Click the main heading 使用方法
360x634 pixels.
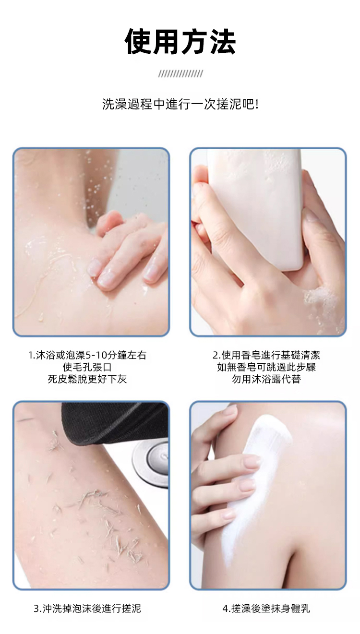(180, 42)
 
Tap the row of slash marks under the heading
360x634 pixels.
(180, 74)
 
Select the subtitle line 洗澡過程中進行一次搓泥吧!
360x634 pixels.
(180, 104)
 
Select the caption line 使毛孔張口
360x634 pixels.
(87, 367)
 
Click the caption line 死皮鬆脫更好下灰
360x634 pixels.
(87, 379)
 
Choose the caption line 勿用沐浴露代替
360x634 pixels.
(266, 379)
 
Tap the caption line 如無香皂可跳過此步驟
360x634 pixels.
(266, 367)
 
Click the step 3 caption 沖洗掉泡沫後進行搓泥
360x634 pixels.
(87, 608)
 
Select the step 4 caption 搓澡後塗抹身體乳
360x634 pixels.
(266, 608)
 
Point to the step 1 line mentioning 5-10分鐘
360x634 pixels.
(87, 355)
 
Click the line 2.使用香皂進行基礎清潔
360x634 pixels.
(266, 355)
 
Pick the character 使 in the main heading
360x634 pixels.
(138, 42)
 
